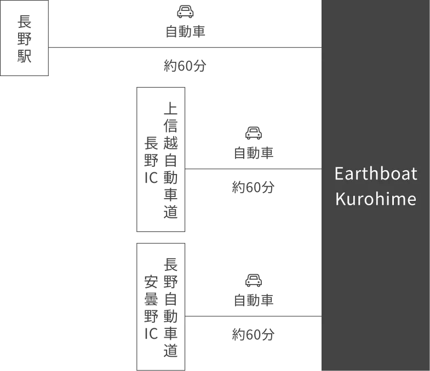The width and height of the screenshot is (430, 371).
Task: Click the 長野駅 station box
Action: pos(25,38)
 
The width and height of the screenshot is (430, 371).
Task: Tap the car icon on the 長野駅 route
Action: pos(185,12)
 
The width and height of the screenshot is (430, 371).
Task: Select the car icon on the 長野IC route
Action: pos(254,133)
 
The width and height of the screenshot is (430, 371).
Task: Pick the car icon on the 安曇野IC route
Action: pos(254,280)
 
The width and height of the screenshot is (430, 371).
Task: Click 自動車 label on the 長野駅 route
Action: pos(185,31)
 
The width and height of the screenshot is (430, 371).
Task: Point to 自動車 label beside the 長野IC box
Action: pos(254,153)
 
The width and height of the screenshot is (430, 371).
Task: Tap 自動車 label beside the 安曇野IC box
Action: pos(254,300)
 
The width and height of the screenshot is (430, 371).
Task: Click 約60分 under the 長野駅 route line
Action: pos(185,66)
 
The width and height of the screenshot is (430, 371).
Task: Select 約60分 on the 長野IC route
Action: pos(253,187)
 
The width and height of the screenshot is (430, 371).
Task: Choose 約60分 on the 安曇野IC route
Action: pos(253,334)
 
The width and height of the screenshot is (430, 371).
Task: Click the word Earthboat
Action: pos(376,173)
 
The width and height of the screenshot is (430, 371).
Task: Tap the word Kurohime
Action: pos(376,199)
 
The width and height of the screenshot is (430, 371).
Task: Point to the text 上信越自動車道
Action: pos(170,160)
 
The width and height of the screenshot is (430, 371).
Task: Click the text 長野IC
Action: pos(151,160)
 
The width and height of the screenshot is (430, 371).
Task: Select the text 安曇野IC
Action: pos(151,308)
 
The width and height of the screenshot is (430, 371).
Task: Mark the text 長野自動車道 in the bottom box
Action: pos(170,308)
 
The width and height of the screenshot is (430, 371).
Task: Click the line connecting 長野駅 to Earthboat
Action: pos(185,48)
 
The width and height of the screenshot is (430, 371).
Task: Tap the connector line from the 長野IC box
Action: pos(254,169)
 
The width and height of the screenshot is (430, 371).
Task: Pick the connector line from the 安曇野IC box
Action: pos(254,316)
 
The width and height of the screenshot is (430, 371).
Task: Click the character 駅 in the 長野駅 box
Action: pos(25,56)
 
